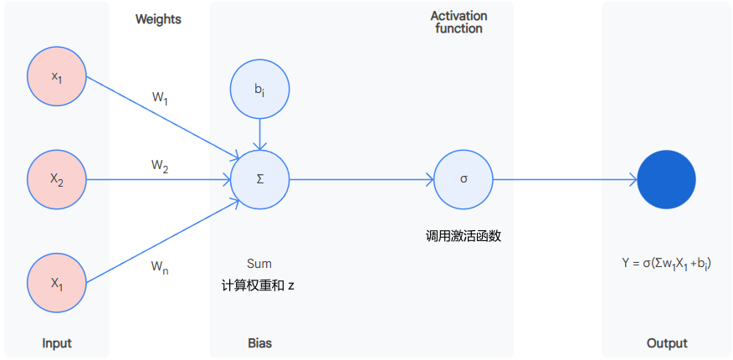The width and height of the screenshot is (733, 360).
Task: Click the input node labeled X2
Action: (57, 179)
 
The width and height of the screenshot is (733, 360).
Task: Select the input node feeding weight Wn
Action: (57, 282)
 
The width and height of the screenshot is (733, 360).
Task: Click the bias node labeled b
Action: (260, 88)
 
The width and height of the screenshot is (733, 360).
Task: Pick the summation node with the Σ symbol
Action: (260, 179)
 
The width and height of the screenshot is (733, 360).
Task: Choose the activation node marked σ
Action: (464, 179)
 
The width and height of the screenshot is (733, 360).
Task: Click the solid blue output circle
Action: (667, 179)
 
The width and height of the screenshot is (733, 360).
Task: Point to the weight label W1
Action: (160, 99)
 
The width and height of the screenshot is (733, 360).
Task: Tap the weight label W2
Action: (160, 167)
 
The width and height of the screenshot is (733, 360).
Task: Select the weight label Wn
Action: (160, 267)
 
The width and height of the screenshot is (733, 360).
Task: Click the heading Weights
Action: (158, 19)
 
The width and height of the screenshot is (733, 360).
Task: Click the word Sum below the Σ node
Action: (259, 264)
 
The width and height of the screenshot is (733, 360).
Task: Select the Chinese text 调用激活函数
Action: (463, 236)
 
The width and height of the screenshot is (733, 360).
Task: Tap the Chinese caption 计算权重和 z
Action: (258, 285)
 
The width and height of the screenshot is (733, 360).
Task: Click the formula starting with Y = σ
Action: (667, 264)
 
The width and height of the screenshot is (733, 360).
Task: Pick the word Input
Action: (57, 343)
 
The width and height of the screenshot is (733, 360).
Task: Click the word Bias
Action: (259, 343)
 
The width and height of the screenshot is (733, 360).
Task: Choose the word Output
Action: (667, 343)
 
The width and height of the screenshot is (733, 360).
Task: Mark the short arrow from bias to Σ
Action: (260, 132)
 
